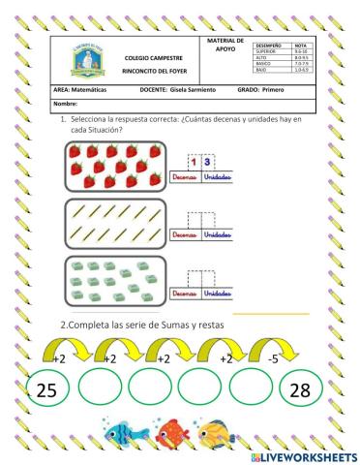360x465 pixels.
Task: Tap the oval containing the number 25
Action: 41,390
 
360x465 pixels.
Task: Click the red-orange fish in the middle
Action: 173,431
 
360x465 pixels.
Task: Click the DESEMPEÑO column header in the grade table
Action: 270,46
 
